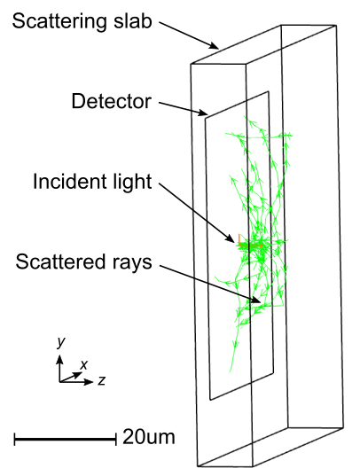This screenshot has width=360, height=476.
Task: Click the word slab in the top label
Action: click(133, 21)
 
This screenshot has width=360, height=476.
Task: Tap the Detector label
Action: click(111, 101)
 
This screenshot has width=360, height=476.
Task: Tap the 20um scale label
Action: click(149, 437)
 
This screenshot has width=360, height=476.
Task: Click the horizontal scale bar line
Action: click(66, 439)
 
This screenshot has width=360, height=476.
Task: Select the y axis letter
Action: click(61, 342)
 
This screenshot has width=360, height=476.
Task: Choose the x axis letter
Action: click(83, 364)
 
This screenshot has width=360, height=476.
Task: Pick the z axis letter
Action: click(101, 380)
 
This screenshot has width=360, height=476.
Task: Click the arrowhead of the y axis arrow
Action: click(59, 359)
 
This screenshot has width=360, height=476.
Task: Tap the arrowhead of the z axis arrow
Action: click(89, 381)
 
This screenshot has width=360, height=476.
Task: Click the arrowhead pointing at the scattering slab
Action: click(215, 45)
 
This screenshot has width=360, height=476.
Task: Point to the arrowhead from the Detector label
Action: click(203, 113)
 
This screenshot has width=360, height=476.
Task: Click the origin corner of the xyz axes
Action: click(59, 381)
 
